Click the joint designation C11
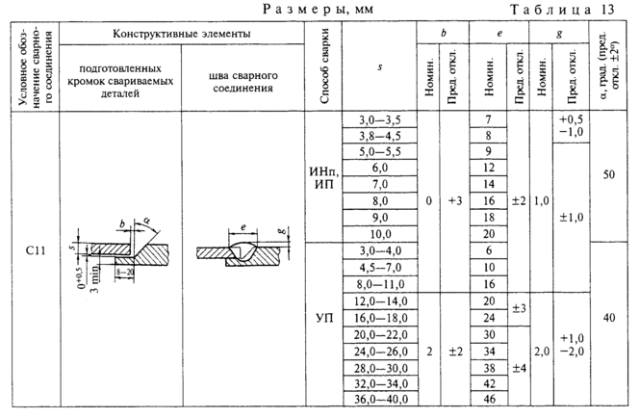(36, 250)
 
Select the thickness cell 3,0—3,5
(380, 119)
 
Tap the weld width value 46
(489, 399)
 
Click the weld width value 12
(489, 168)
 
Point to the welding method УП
(324, 318)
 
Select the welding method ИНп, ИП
(324, 178)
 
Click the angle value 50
(608, 175)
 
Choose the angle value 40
(609, 318)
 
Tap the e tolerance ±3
(519, 309)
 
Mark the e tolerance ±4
(519, 368)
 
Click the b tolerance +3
(455, 201)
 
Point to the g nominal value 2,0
(542, 352)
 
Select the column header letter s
(380, 66)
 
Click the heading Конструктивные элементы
(182, 33)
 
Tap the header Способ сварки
(324, 66)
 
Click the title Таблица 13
(562, 10)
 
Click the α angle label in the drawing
(146, 221)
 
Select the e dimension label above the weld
(243, 227)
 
